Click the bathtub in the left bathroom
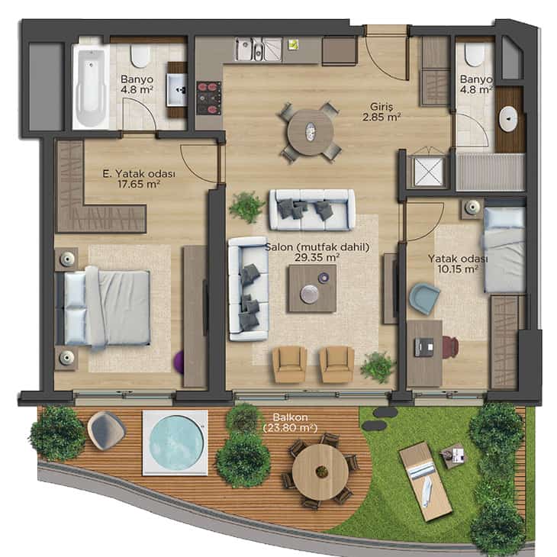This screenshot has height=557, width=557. tap(91, 87)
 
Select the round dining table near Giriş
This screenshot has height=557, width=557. tap(310, 132)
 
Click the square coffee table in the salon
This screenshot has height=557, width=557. tap(312, 288)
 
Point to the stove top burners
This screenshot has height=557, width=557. tap(209, 98)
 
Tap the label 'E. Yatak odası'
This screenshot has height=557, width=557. tap(139, 174)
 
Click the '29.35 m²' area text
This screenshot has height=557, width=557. tap(317, 257)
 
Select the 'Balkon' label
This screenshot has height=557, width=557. tap(290, 417)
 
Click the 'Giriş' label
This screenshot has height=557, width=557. tap(382, 107)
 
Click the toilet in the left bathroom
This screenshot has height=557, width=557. tap(140, 56)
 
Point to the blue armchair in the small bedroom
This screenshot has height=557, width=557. tap(424, 298)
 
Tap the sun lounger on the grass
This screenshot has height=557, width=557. tap(426, 480)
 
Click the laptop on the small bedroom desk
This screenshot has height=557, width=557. tap(424, 346)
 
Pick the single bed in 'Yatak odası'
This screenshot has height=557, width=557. tap(504, 250)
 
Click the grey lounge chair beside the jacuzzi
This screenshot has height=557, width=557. tap(106, 430)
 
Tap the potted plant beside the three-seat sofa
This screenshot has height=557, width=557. tap(246, 207)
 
